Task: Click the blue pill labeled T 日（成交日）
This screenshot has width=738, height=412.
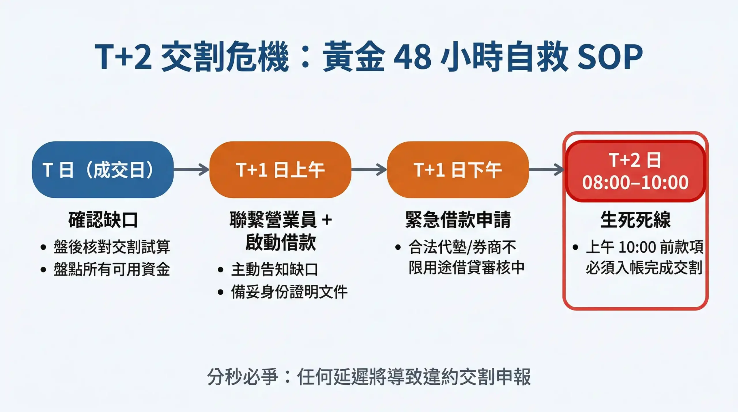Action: coord(103,170)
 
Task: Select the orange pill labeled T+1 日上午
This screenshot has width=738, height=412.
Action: coord(280,170)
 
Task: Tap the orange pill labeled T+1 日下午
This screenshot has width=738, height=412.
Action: coord(458,170)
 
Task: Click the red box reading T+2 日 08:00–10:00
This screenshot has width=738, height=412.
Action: coord(635,171)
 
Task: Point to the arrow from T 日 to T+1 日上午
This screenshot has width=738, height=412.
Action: coord(191,169)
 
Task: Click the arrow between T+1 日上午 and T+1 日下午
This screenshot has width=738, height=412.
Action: coord(369,169)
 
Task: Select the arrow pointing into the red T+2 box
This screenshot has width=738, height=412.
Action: coord(547,169)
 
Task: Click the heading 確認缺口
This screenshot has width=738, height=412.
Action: coord(103,220)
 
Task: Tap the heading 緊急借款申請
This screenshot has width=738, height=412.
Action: coord(458,220)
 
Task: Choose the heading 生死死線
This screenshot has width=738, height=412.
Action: coord(635,220)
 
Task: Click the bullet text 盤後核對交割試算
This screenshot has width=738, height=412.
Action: coord(112,247)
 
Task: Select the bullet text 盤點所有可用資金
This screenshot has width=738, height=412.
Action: coord(112,269)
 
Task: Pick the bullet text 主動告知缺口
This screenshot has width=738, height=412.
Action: coord(274,270)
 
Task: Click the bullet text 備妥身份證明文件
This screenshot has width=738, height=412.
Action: coord(289,292)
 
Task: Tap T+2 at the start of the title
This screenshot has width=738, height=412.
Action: coord(123,57)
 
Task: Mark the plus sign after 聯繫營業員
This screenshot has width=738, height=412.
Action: coord(327,220)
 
